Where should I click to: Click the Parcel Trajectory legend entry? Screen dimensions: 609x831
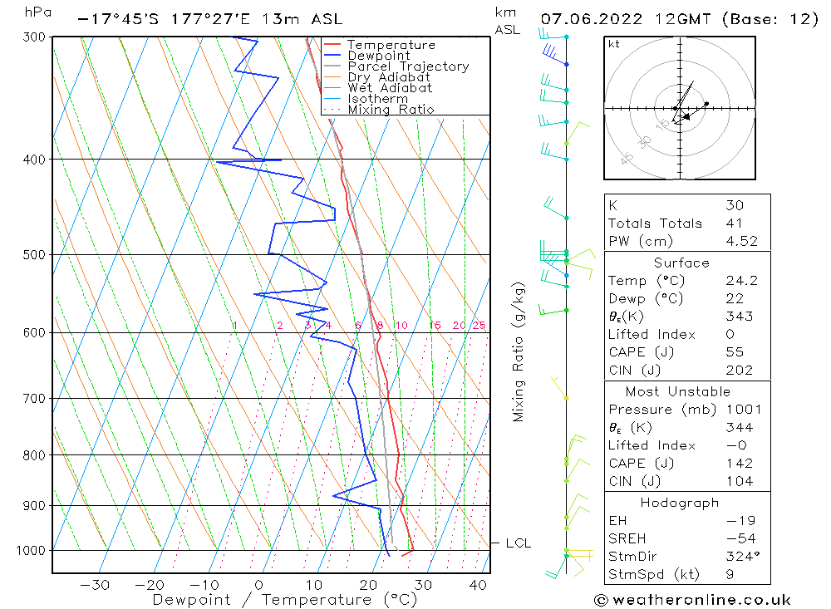tap(408, 66)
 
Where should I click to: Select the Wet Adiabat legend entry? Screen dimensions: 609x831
tap(390, 88)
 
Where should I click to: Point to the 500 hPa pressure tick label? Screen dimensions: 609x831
tap(36, 255)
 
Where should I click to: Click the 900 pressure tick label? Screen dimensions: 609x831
tap(36, 506)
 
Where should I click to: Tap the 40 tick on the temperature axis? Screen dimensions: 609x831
tap(478, 585)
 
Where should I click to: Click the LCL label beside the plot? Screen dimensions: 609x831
tap(518, 543)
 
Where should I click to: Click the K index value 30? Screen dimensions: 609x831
tap(734, 205)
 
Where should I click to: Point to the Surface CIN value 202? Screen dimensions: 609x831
tap(739, 371)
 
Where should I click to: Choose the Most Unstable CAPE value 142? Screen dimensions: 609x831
tap(739, 464)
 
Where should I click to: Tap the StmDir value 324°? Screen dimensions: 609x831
tap(740, 557)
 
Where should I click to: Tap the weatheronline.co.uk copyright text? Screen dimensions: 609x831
tap(692, 600)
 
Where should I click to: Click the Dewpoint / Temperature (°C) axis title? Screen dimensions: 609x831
tap(284, 600)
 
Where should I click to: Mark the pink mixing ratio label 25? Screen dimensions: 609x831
tap(479, 326)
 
